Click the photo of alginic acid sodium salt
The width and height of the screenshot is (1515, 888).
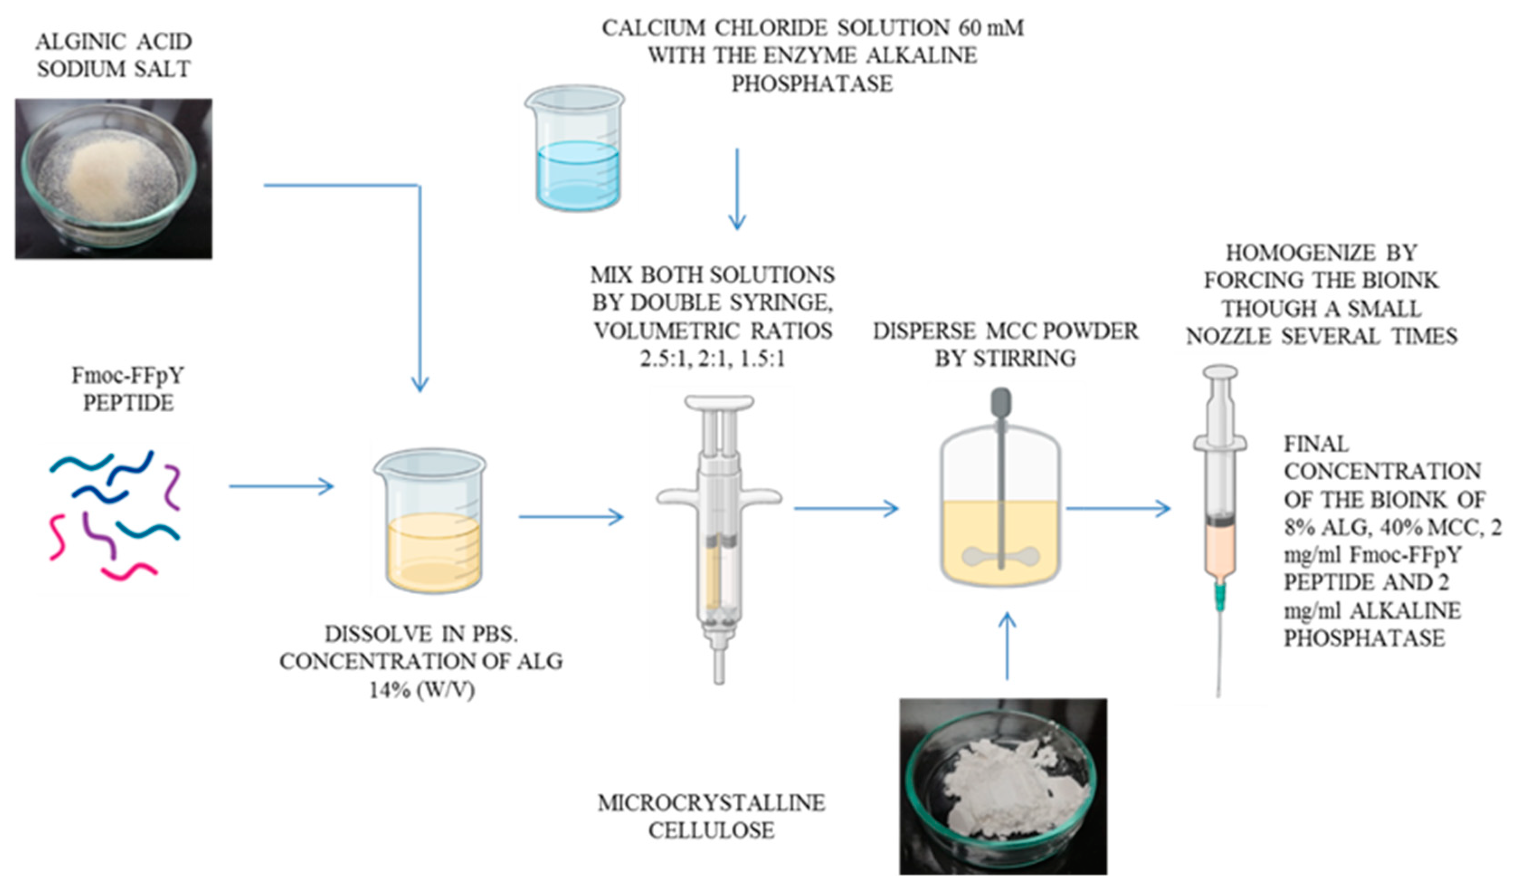coord(114,179)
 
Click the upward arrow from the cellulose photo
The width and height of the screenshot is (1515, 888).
coord(1007,646)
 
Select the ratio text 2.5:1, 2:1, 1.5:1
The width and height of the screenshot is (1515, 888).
coord(712,359)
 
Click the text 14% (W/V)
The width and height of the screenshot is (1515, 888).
coord(421,690)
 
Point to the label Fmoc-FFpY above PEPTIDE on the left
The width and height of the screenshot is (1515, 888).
coord(128,376)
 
